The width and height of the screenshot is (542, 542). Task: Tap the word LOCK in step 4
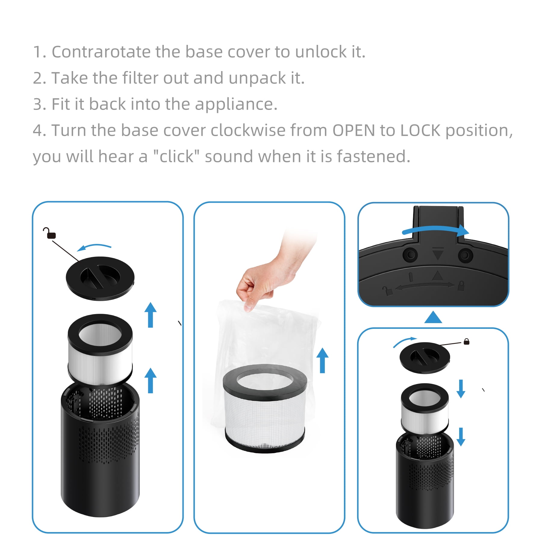point(420,130)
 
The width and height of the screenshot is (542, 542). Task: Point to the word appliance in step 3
point(236,104)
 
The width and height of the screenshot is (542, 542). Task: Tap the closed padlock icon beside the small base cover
point(466,341)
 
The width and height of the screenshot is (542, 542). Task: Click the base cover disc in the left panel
point(100,278)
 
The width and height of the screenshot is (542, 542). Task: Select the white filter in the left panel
point(100,349)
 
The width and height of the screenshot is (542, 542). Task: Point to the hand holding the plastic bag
point(271,271)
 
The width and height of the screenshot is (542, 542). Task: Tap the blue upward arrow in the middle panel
point(322,360)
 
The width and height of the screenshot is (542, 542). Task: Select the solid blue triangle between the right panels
point(433,318)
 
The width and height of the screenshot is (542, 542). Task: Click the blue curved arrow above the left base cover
point(94,246)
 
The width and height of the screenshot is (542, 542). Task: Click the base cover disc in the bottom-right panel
point(425,358)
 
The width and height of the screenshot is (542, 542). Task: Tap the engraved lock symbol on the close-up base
point(461,285)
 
